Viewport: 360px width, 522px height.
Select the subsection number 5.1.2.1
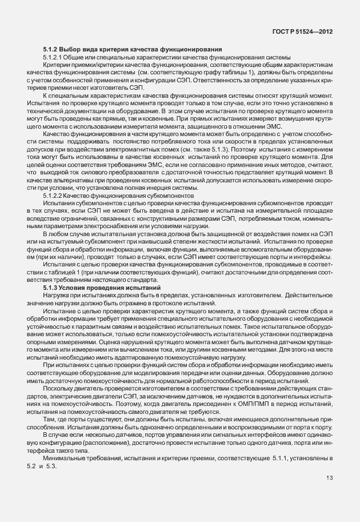pyautogui.click(x=54, y=58)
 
